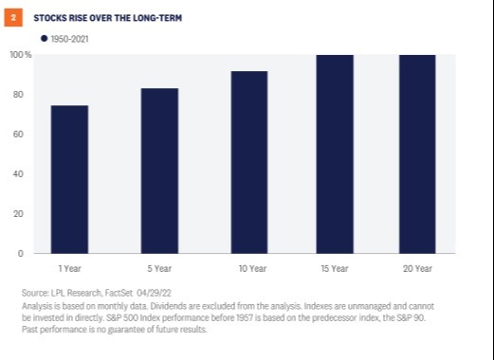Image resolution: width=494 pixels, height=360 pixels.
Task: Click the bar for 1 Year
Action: [69, 179]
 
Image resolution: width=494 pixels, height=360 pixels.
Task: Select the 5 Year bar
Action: [159, 171]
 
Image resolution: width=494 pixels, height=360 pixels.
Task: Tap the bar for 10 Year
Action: [249, 162]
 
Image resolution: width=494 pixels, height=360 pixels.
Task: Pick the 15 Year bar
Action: [335, 154]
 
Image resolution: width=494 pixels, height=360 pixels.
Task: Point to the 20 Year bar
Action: [417, 154]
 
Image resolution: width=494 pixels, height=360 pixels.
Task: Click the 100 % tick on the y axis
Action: [21, 55]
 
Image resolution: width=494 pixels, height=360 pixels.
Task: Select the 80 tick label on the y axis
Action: [18, 95]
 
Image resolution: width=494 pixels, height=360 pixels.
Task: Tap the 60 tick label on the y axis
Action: [18, 135]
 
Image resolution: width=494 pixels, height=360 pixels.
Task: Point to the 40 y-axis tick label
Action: [18, 174]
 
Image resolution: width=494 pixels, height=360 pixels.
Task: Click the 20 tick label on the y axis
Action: [18, 214]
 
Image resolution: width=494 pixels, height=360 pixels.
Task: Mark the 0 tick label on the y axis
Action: [21, 254]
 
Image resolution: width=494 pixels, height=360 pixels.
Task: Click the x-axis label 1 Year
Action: [70, 269]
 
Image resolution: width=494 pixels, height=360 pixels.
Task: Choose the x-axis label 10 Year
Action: [252, 269]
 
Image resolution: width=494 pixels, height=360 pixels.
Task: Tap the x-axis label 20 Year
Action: [417, 269]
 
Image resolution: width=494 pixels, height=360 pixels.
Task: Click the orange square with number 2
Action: [13, 18]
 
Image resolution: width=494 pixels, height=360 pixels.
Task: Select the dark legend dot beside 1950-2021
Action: [45, 39]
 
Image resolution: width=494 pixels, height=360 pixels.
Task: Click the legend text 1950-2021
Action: [69, 39]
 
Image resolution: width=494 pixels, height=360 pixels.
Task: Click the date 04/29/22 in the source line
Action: [154, 293]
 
